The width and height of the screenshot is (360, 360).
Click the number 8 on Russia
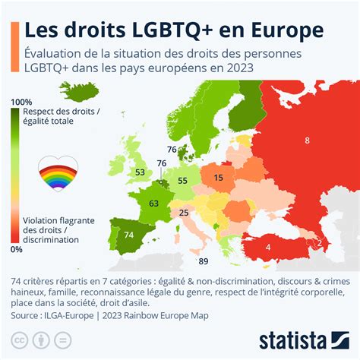pos(307,141)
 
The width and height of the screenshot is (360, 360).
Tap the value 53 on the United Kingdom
pos(140,172)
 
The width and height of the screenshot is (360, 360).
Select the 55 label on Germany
pos(182,181)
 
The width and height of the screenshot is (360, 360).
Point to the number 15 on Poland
pos(219,177)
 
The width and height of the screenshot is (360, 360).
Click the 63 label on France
pos(153,204)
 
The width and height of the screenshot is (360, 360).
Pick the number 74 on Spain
pos(128,235)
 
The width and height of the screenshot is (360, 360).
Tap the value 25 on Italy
pos(184,213)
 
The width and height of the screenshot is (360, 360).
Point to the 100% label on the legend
pos(21,102)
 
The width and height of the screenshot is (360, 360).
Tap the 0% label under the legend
pos(17,248)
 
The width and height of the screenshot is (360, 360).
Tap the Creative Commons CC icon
pos(21,337)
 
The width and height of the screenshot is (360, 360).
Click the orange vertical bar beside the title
pos(15,46)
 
